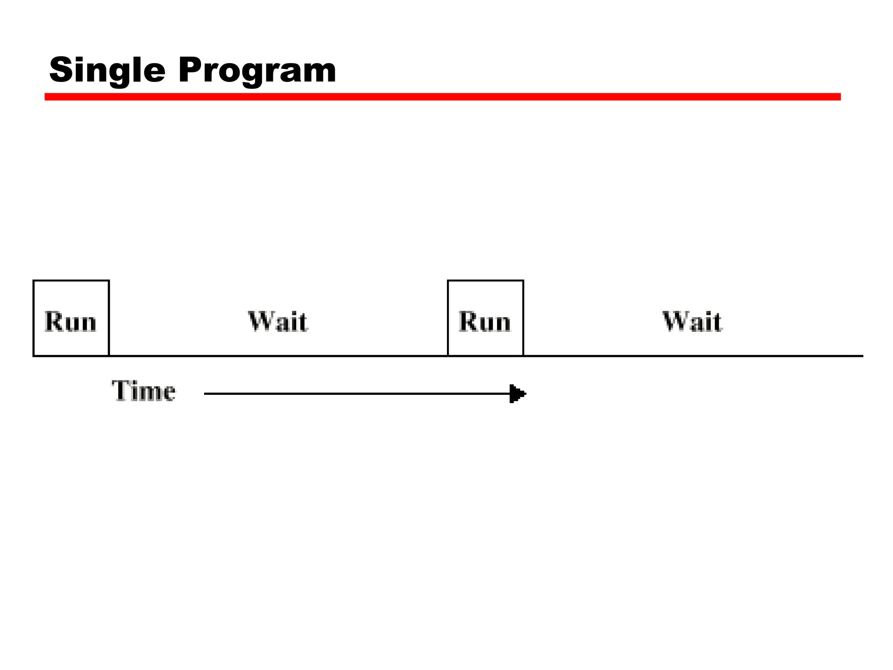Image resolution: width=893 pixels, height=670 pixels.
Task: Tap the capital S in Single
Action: [x=61, y=69]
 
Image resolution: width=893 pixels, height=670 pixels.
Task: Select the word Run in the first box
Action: [x=71, y=322]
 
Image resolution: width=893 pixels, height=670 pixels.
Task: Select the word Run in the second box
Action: [x=485, y=322]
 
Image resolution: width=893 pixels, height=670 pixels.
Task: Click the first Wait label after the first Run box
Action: [x=278, y=322]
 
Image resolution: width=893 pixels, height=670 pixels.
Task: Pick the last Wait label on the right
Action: [x=692, y=322]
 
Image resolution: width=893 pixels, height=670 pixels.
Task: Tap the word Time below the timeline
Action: [x=143, y=391]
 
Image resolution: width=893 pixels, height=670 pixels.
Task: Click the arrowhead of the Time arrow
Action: [x=518, y=394]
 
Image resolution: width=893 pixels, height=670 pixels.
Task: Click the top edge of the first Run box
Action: [x=71, y=280]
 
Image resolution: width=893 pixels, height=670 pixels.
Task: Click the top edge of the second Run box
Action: [x=485, y=280]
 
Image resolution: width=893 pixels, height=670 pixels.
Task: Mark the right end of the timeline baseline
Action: [x=862, y=356]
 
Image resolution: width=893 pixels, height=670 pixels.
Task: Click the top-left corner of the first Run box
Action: [x=34, y=280]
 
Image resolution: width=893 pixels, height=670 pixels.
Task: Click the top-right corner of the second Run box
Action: [x=523, y=280]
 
